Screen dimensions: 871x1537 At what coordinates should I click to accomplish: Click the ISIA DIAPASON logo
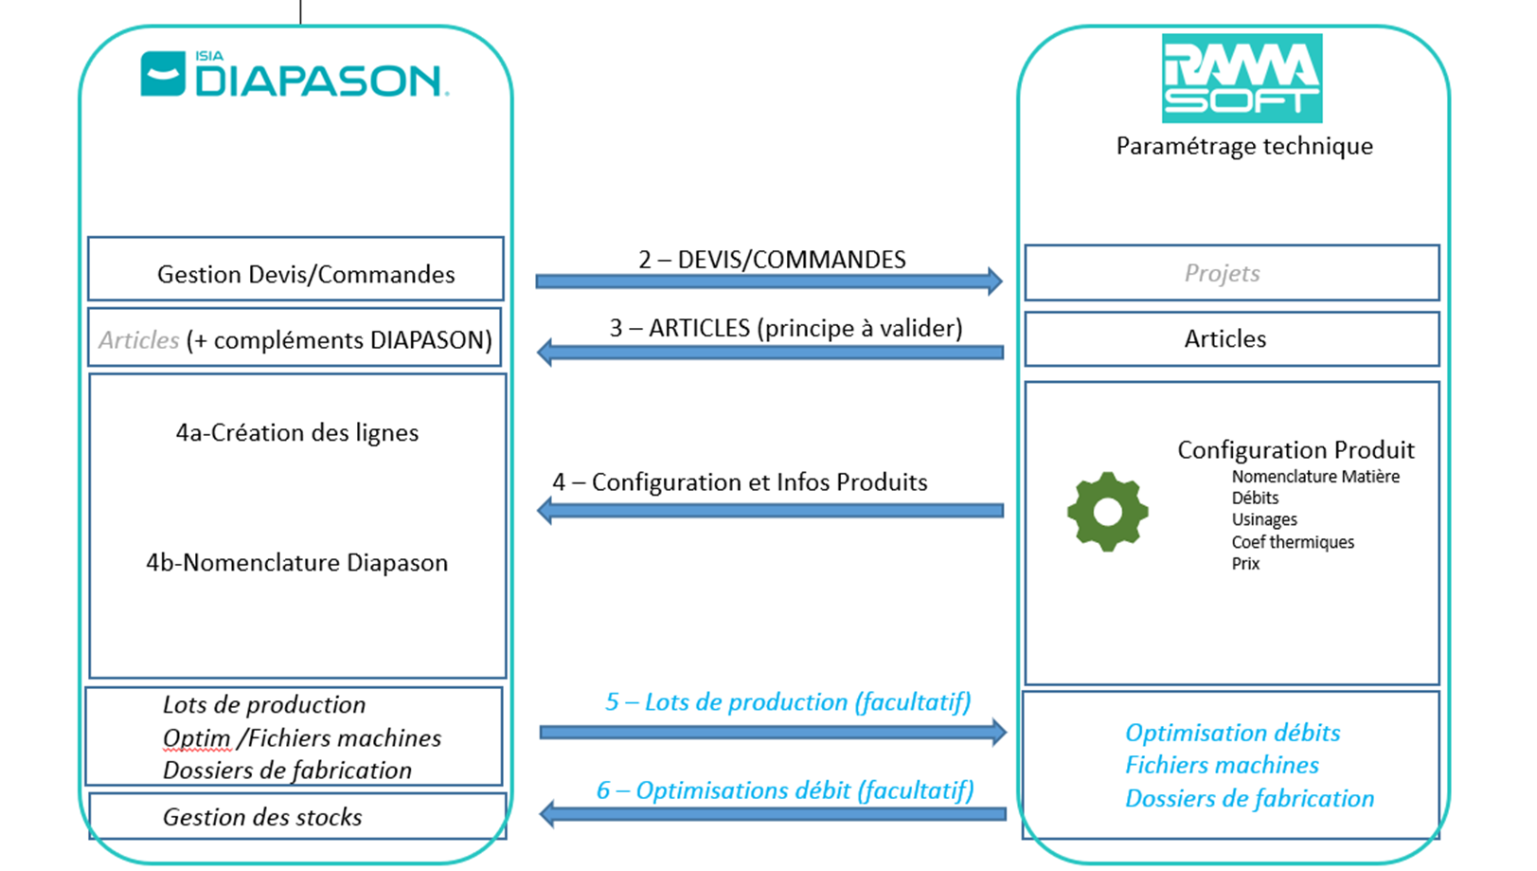click(295, 75)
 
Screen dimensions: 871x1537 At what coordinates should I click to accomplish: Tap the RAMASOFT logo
click(1242, 79)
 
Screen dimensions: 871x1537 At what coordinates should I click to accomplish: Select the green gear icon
click(1107, 512)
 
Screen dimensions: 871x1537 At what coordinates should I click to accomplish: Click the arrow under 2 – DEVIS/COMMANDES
click(768, 281)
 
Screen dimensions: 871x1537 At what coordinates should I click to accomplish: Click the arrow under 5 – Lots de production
click(772, 732)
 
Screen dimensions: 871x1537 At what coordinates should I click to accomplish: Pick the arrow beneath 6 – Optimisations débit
click(772, 813)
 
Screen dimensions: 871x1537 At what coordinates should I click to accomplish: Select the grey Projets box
click(1231, 273)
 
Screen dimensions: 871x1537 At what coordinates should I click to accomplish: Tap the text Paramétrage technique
click(1243, 146)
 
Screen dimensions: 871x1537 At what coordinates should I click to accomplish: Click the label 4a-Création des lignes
click(296, 433)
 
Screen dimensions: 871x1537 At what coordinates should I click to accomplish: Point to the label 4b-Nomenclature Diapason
click(296, 563)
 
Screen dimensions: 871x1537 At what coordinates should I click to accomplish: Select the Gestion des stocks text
click(262, 817)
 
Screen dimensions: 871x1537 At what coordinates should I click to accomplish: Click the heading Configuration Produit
click(1296, 450)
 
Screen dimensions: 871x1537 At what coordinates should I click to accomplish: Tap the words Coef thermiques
click(1292, 542)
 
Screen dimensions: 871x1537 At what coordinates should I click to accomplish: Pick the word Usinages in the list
click(1263, 519)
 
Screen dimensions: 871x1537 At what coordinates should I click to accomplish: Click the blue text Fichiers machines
click(1222, 765)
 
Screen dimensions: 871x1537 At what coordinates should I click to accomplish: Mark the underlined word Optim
click(196, 737)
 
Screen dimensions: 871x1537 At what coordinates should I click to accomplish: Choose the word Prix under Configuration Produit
click(1245, 564)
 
